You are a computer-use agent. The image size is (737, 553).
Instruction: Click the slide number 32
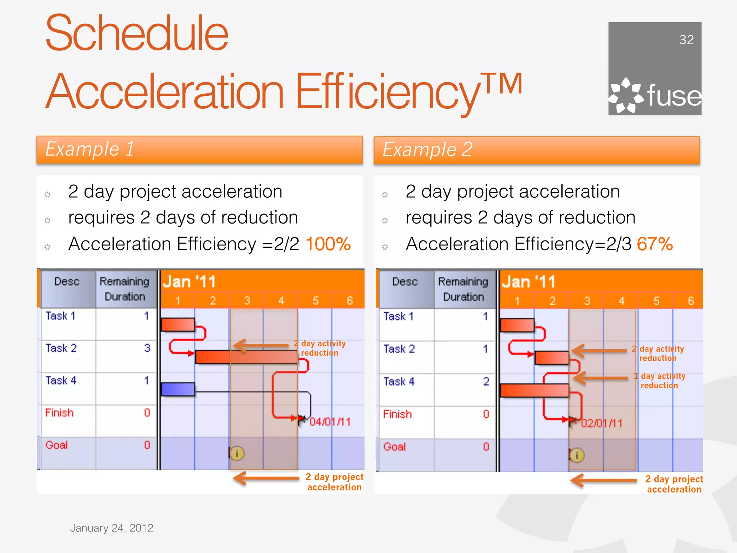click(686, 40)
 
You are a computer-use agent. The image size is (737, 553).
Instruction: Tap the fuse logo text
click(674, 96)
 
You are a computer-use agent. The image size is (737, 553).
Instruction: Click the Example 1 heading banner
click(199, 149)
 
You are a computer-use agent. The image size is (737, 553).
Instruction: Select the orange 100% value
click(328, 244)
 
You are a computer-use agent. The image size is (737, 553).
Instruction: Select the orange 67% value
click(655, 244)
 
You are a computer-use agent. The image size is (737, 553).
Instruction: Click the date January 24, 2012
click(112, 528)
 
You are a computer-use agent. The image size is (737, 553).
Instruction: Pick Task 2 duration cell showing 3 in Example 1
click(147, 348)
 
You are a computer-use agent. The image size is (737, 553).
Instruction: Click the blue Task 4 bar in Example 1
click(178, 389)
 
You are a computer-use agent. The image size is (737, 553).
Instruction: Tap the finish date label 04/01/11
click(330, 422)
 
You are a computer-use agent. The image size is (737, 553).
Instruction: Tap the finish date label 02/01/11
click(601, 423)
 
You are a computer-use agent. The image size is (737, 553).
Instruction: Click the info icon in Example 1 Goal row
click(237, 453)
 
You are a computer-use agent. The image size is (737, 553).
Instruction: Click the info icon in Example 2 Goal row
click(577, 455)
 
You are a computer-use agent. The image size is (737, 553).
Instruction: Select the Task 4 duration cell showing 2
click(486, 382)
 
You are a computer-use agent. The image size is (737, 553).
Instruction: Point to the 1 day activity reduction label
click(660, 381)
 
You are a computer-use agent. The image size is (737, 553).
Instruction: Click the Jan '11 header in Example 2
click(529, 282)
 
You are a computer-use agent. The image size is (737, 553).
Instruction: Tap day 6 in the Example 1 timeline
click(349, 301)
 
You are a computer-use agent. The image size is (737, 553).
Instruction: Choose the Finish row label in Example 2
click(397, 414)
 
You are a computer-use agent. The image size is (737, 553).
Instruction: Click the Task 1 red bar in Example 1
click(178, 324)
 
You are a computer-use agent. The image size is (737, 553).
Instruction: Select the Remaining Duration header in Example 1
click(125, 289)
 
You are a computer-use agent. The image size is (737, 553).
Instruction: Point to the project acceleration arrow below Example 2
click(604, 480)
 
